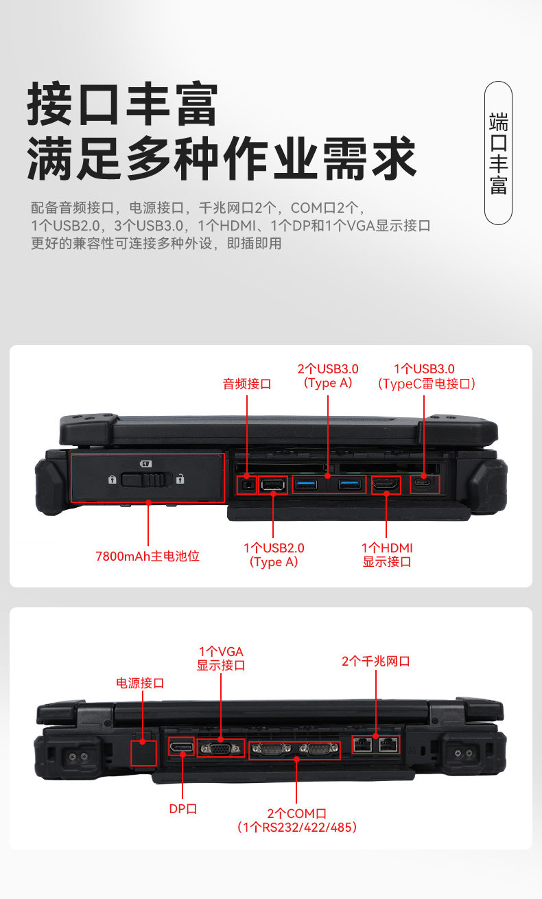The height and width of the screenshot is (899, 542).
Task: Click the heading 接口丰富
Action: click(123, 104)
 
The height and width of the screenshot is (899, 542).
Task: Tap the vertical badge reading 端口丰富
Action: click(498, 153)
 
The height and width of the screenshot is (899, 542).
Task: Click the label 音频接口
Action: click(247, 384)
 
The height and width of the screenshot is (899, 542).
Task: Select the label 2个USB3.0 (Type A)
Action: click(328, 376)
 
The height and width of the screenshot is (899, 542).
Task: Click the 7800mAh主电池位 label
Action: click(148, 556)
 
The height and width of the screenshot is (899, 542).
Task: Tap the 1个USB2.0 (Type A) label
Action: click(274, 555)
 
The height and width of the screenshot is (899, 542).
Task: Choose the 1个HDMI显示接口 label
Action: click(387, 555)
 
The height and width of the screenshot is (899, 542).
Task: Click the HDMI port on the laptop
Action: click(386, 484)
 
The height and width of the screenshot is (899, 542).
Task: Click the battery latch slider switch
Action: click(145, 479)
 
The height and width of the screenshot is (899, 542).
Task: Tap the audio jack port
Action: click(247, 485)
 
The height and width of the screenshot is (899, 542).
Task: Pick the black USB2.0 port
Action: click(273, 485)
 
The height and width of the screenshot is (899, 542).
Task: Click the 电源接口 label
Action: click(140, 683)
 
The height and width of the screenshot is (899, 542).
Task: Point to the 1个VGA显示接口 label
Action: click(221, 658)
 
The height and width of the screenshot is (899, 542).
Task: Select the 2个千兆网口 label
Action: click(376, 662)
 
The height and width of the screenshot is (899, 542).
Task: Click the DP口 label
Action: click(183, 808)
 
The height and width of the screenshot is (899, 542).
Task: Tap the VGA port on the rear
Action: click(221, 748)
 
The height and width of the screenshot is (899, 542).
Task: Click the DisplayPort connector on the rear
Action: click(182, 746)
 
